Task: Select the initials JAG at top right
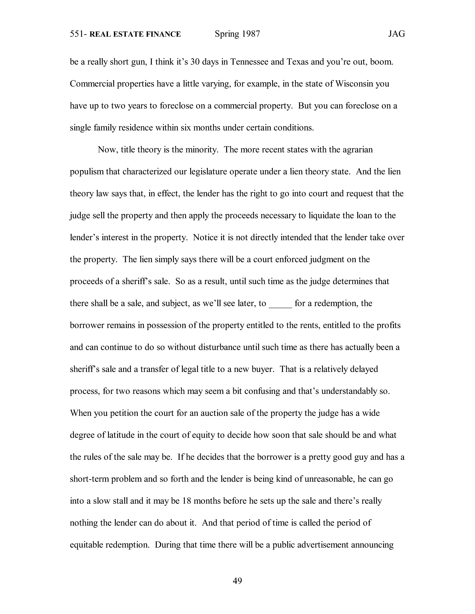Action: tap(396, 34)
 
